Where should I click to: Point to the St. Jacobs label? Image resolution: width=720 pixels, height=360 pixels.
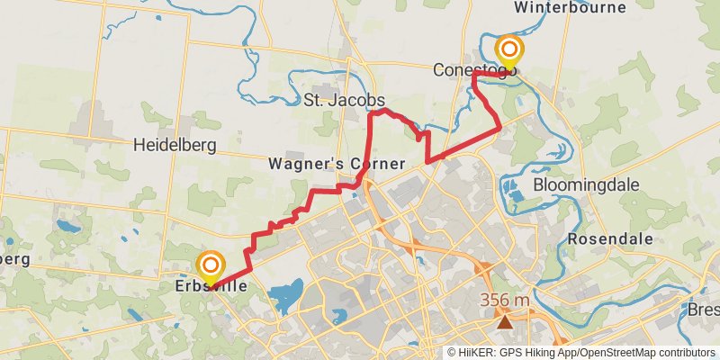(344, 99)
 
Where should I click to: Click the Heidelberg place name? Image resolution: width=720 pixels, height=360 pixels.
(172, 144)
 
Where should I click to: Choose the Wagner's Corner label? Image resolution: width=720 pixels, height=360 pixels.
(337, 164)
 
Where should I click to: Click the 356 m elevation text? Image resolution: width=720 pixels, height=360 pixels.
(505, 300)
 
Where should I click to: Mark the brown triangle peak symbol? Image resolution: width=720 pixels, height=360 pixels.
(506, 320)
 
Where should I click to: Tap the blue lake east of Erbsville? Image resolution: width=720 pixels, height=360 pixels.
(285, 293)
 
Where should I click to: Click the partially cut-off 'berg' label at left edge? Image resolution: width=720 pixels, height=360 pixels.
(14, 259)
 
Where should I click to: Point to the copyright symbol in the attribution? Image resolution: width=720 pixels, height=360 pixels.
(452, 353)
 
